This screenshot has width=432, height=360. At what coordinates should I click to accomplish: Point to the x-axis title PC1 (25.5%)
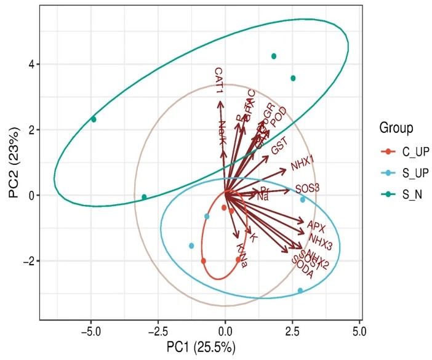[x=200, y=348]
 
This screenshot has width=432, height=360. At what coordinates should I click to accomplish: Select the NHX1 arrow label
[x=303, y=162]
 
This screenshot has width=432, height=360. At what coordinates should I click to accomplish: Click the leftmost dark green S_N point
[x=94, y=119]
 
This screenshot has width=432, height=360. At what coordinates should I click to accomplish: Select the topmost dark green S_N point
[x=274, y=56]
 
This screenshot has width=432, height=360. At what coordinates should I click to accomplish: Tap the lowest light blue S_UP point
[x=300, y=290]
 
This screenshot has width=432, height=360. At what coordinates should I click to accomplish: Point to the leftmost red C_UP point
[x=203, y=261]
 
